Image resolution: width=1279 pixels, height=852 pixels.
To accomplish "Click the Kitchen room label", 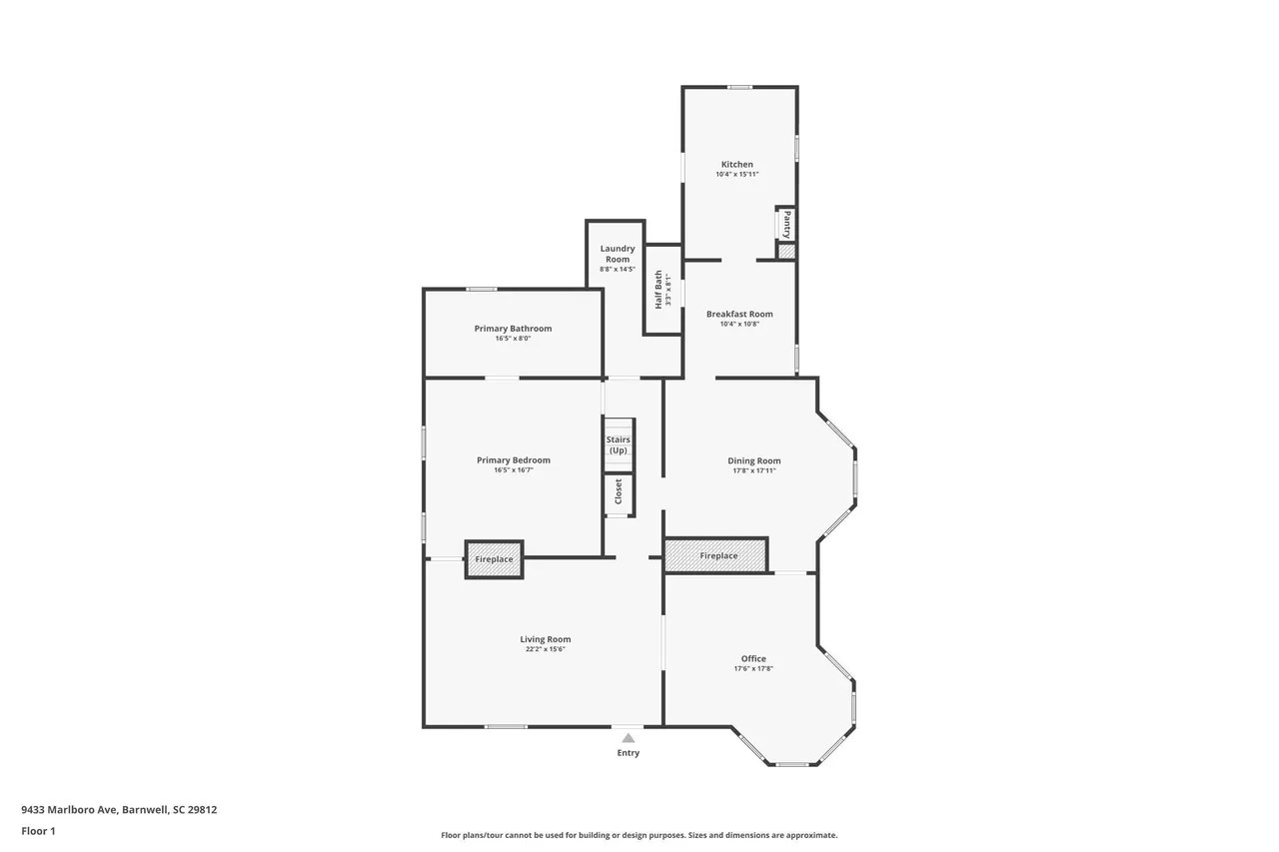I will point(736,164).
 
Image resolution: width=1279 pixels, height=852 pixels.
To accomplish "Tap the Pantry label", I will point(787,224).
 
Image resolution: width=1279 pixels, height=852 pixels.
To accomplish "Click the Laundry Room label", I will point(617,254).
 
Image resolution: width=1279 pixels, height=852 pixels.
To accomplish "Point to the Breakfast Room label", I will point(739,314).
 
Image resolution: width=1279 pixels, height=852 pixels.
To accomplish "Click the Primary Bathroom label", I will point(513,329).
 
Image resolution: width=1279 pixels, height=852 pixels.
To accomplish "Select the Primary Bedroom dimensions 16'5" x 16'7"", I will point(513,470).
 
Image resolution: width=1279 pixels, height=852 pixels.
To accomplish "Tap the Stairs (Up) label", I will point(619,444).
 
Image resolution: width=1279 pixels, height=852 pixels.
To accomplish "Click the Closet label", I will point(619,490).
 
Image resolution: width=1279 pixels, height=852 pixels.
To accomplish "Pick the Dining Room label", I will point(753,460).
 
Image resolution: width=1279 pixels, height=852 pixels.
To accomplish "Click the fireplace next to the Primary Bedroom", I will point(494,559).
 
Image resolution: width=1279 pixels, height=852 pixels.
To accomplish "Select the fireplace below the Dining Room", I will point(716,555).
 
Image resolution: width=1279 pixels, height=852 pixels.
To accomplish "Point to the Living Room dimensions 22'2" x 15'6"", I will point(545,649).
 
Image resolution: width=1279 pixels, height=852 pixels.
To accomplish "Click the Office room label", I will point(753,658).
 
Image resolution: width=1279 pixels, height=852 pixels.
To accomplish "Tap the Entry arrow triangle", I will point(628,737).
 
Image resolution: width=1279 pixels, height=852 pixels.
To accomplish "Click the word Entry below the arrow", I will point(628,753).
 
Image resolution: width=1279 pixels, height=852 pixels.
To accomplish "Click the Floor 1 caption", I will point(38,831).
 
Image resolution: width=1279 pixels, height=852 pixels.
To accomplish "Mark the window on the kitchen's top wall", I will point(739,87).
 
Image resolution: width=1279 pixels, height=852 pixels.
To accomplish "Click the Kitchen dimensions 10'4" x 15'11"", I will point(736,175).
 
